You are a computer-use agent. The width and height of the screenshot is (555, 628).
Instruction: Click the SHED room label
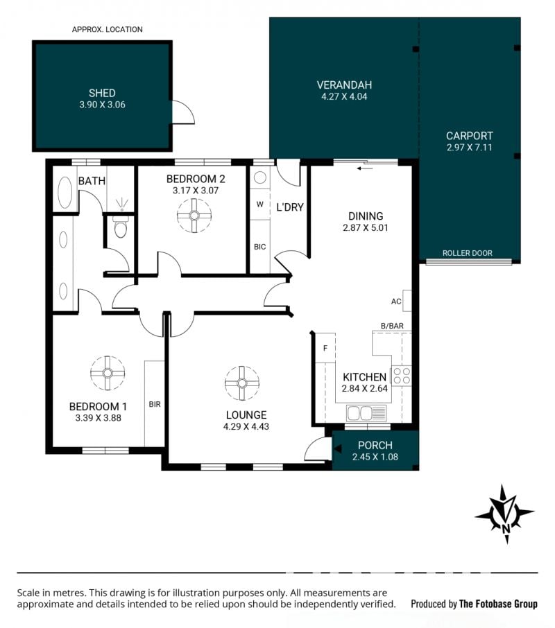[102, 94]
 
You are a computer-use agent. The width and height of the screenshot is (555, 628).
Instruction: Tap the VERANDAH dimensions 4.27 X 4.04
[344, 96]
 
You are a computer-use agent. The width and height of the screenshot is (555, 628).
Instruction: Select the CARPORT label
[470, 136]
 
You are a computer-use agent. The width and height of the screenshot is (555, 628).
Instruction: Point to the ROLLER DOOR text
[468, 253]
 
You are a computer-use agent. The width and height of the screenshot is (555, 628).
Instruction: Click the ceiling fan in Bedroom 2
[194, 216]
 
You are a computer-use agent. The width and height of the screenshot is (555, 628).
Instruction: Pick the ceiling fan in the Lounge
[241, 383]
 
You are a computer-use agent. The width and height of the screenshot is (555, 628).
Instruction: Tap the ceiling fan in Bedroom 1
[108, 373]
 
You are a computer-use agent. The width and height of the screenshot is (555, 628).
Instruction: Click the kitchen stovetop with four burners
[402, 376]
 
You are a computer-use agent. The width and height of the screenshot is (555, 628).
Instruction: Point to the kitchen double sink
[366, 413]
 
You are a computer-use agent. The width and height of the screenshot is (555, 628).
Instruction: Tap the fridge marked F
[325, 348]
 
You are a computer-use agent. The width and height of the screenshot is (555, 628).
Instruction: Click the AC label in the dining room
[396, 302]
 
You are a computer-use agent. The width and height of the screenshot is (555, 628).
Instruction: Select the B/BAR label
[392, 326]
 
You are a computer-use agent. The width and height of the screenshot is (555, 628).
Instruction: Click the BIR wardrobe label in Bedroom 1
[155, 405]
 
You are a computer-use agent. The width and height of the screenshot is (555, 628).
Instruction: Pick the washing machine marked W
[260, 204]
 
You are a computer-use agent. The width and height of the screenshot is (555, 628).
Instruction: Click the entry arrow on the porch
[338, 449]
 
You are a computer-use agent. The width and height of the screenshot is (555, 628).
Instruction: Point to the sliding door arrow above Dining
[365, 168]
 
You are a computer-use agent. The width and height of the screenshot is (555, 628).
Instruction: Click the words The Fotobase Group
[498, 604]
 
